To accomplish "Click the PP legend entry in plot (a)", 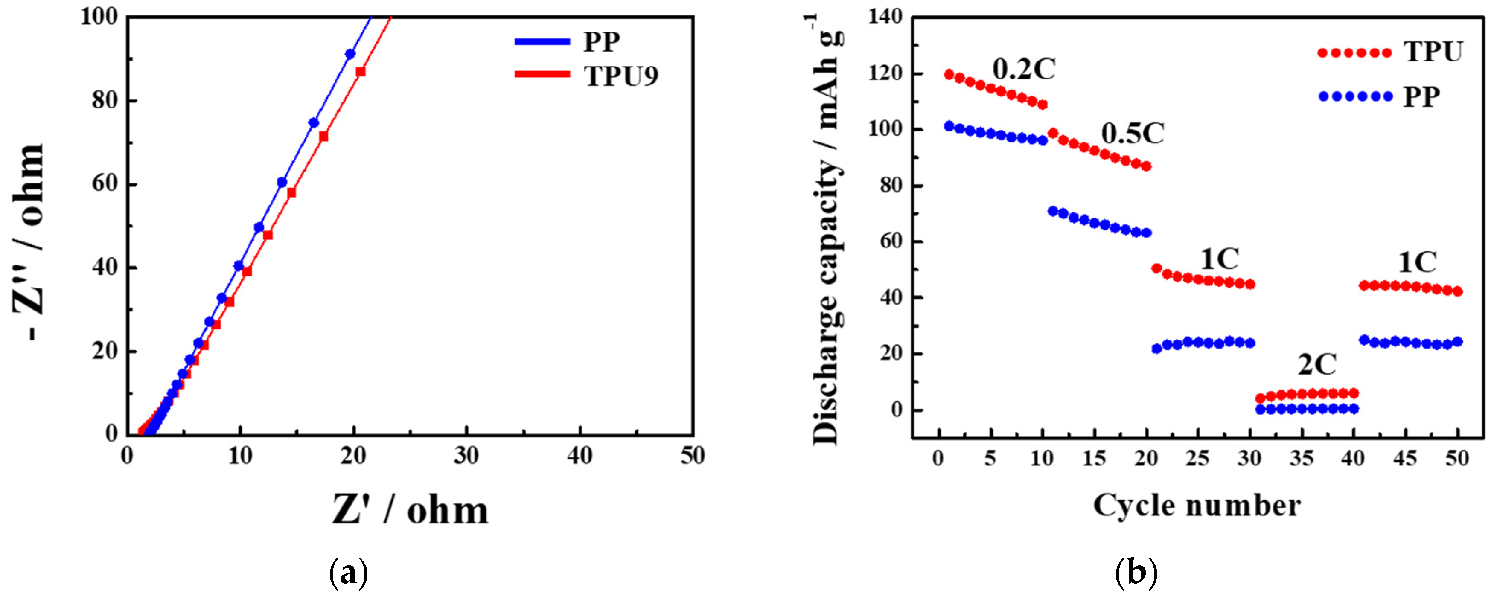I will click(x=601, y=42).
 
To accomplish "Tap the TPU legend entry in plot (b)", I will click(x=1433, y=52).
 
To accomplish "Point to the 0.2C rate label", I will click(x=1024, y=70).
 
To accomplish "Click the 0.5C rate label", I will click(x=1133, y=134).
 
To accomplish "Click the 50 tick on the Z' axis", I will click(x=693, y=457).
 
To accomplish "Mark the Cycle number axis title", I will click(x=1197, y=506).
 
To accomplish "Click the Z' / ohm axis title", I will click(x=410, y=510).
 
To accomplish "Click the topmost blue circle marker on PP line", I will click(x=350, y=54).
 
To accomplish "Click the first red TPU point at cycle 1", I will click(x=949, y=74).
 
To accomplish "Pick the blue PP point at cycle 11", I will click(x=1053, y=211).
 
